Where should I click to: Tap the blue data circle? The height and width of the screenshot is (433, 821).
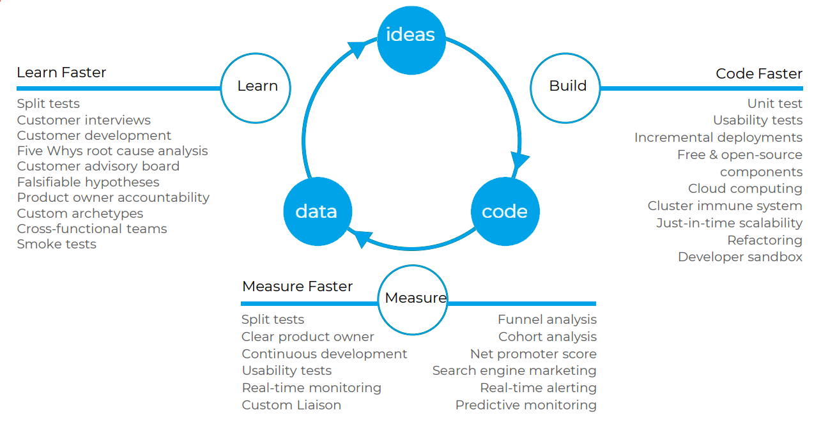point(316,211)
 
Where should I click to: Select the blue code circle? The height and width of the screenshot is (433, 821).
point(505,211)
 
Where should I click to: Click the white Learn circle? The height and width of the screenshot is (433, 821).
point(257,86)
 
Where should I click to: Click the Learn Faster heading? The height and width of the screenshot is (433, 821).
point(61,72)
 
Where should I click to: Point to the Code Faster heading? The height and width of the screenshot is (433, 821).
point(758,73)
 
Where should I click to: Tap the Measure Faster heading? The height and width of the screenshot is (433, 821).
point(297,286)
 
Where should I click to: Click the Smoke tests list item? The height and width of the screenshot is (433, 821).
point(56,244)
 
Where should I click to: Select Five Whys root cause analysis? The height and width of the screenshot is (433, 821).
point(112,151)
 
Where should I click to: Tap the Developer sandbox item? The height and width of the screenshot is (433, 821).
point(740,257)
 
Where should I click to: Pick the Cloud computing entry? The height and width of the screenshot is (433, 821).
point(745,188)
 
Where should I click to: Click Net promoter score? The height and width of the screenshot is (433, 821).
point(533,354)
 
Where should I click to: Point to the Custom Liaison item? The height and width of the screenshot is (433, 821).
point(291,405)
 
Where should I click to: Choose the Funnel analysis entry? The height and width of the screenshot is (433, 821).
point(547,319)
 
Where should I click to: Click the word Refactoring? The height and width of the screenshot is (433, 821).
point(764,240)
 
